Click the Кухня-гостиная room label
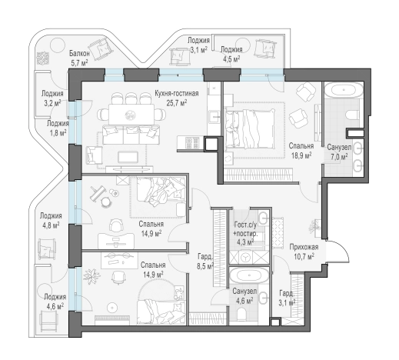pyautogui.click(x=176, y=93)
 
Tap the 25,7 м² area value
pyautogui.click(x=177, y=103)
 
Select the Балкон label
pyautogui.click(x=79, y=54)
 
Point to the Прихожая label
pyautogui.click(x=304, y=247)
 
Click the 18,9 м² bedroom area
pyautogui.click(x=301, y=155)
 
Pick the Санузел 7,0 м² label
pyautogui.click(x=339, y=152)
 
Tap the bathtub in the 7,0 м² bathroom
pyautogui.click(x=344, y=90)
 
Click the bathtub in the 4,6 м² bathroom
pyautogui.click(x=249, y=276)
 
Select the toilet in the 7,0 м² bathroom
pyautogui.click(x=353, y=115)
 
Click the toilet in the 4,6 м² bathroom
pyautogui.click(x=242, y=315)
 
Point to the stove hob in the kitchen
pyautogui.click(x=192, y=142)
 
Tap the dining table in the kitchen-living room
pyautogui.click(x=131, y=114)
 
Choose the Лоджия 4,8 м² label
pyautogui.click(x=51, y=220)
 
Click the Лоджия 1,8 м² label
pyautogui.click(x=58, y=128)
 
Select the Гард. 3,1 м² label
pyautogui.click(x=287, y=298)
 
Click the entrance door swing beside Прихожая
pyautogui.click(x=337, y=252)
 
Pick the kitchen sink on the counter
pyautogui.click(x=214, y=117)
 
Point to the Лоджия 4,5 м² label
pyautogui.click(x=231, y=54)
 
